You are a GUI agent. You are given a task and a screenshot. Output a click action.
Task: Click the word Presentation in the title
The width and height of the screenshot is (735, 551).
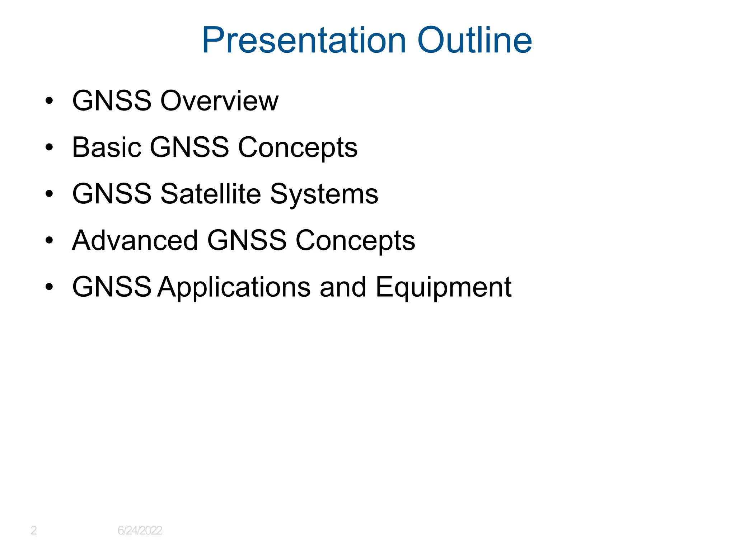click(304, 40)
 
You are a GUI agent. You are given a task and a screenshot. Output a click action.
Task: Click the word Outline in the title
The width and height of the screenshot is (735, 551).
click(474, 40)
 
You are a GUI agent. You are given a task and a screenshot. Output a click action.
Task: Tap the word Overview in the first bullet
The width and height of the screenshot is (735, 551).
click(219, 101)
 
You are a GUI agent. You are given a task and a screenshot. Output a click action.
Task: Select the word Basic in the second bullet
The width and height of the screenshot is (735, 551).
click(107, 147)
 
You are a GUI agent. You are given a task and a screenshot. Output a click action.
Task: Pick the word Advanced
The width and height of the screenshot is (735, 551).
click(135, 240)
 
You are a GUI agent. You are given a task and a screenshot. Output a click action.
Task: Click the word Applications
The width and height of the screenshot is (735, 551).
click(234, 287)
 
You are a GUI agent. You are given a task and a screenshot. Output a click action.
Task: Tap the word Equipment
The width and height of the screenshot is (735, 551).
click(443, 287)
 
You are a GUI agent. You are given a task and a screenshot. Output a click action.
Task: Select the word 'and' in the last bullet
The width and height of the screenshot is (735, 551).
click(343, 287)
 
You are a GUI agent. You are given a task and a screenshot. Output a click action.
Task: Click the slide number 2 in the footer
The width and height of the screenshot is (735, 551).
click(33, 530)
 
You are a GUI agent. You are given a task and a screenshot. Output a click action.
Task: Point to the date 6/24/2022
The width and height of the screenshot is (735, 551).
click(140, 530)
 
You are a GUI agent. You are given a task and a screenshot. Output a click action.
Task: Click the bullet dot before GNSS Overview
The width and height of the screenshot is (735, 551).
click(49, 101)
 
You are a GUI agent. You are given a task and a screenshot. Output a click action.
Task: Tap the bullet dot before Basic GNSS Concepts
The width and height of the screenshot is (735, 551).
click(49, 147)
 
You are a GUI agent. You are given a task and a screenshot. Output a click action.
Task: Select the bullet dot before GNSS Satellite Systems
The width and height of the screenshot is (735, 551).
click(49, 194)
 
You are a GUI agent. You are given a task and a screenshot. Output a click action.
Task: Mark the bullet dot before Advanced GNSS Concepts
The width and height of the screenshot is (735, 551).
click(49, 240)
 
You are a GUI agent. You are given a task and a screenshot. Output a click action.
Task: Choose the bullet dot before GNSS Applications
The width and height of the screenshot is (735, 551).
click(49, 287)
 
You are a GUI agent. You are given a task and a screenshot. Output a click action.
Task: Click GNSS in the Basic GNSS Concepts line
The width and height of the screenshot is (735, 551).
click(189, 147)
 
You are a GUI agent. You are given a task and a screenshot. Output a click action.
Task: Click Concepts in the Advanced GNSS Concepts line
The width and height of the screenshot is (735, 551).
click(355, 240)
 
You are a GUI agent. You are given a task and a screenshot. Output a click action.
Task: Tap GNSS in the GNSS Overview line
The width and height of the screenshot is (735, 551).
click(112, 101)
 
